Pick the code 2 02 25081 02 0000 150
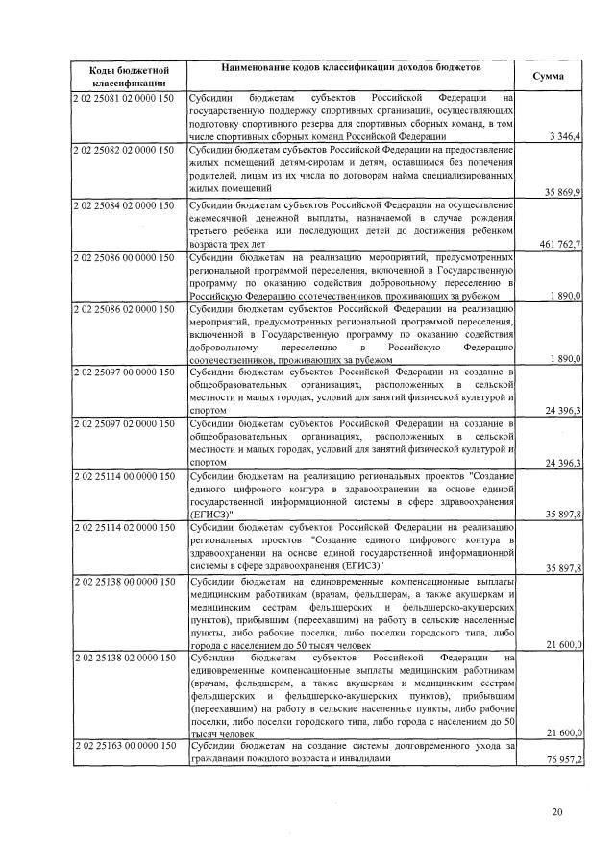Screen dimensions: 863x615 click(123, 97)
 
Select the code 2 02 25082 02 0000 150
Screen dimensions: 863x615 click(123, 151)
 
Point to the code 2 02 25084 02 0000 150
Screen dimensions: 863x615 click(123, 205)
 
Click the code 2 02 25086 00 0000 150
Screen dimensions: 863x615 click(123, 259)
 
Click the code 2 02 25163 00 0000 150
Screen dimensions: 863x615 click(123, 746)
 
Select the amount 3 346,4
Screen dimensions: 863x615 click(563, 138)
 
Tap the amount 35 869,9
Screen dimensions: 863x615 click(562, 193)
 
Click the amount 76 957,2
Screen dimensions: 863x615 click(562, 759)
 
